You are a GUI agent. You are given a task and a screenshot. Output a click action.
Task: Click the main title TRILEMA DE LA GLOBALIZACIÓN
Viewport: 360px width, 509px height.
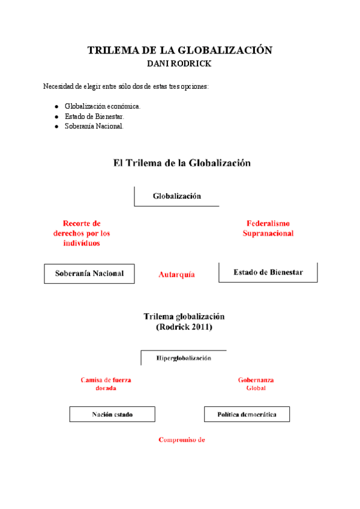(x=179, y=50)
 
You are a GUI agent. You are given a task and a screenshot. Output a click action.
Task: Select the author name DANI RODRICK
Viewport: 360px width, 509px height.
(x=179, y=63)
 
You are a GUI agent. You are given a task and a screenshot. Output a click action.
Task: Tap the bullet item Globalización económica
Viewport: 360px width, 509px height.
(x=103, y=106)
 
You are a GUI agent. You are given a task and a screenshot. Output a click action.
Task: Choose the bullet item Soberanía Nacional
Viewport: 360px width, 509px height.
(x=94, y=126)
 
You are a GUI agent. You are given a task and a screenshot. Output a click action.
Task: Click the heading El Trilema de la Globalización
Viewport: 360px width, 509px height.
(x=182, y=163)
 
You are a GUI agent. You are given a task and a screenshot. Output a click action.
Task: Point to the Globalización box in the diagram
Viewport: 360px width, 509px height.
(x=177, y=196)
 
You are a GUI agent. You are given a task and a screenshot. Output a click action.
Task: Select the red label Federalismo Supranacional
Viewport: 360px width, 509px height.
(x=268, y=228)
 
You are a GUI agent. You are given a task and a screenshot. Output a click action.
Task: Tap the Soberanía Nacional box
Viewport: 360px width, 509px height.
(x=89, y=273)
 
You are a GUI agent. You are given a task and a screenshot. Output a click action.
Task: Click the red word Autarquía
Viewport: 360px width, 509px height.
(x=176, y=274)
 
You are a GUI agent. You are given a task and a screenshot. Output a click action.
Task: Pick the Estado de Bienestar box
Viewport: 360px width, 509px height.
(x=268, y=272)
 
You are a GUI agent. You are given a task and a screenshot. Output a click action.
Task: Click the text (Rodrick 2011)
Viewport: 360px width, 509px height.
(x=184, y=327)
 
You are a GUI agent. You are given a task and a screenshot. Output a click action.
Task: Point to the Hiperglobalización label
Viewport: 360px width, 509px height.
(x=184, y=358)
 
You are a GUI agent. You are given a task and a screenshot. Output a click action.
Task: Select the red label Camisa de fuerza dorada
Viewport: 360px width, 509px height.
(x=106, y=384)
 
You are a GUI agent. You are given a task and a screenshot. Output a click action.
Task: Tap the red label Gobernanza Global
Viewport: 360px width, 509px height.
(x=256, y=384)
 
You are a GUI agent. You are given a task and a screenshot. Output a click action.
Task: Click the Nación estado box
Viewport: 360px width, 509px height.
(x=112, y=414)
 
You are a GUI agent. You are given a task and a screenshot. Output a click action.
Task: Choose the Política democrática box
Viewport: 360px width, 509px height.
(x=247, y=414)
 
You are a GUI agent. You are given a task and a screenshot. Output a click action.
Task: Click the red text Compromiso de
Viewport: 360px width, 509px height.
(x=182, y=439)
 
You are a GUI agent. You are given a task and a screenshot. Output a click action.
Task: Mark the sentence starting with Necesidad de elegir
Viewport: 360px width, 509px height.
(x=126, y=86)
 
